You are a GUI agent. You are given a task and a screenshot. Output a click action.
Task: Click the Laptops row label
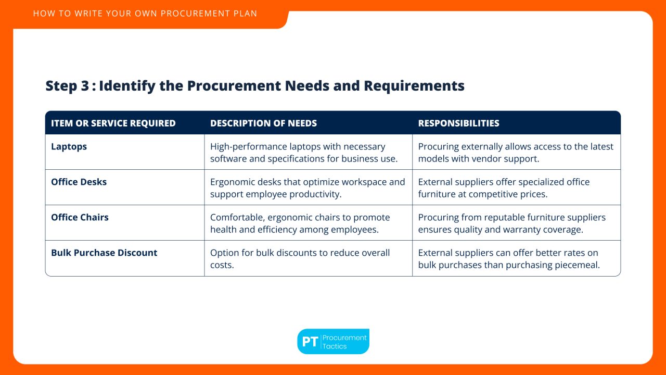[69, 147]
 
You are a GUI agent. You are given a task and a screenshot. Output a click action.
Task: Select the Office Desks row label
[79, 182]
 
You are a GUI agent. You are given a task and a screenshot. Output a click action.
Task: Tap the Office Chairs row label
[80, 218]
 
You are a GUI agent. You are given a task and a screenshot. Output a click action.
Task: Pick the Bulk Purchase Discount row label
[104, 253]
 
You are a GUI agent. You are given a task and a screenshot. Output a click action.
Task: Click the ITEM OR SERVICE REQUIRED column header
[113, 123]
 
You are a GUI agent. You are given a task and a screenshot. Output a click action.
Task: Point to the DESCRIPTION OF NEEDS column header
[263, 123]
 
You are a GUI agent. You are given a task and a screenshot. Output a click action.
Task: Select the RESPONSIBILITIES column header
[458, 123]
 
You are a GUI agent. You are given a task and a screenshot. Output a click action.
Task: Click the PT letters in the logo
[310, 342]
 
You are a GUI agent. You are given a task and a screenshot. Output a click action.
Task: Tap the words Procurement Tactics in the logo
[344, 342]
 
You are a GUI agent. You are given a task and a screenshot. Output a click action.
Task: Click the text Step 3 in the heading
[67, 86]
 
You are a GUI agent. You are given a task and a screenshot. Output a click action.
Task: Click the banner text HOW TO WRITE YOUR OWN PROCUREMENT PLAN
[145, 14]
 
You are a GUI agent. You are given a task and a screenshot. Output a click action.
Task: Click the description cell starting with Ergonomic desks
[307, 188]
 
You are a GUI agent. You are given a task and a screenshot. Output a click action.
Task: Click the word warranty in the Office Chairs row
[523, 230]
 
